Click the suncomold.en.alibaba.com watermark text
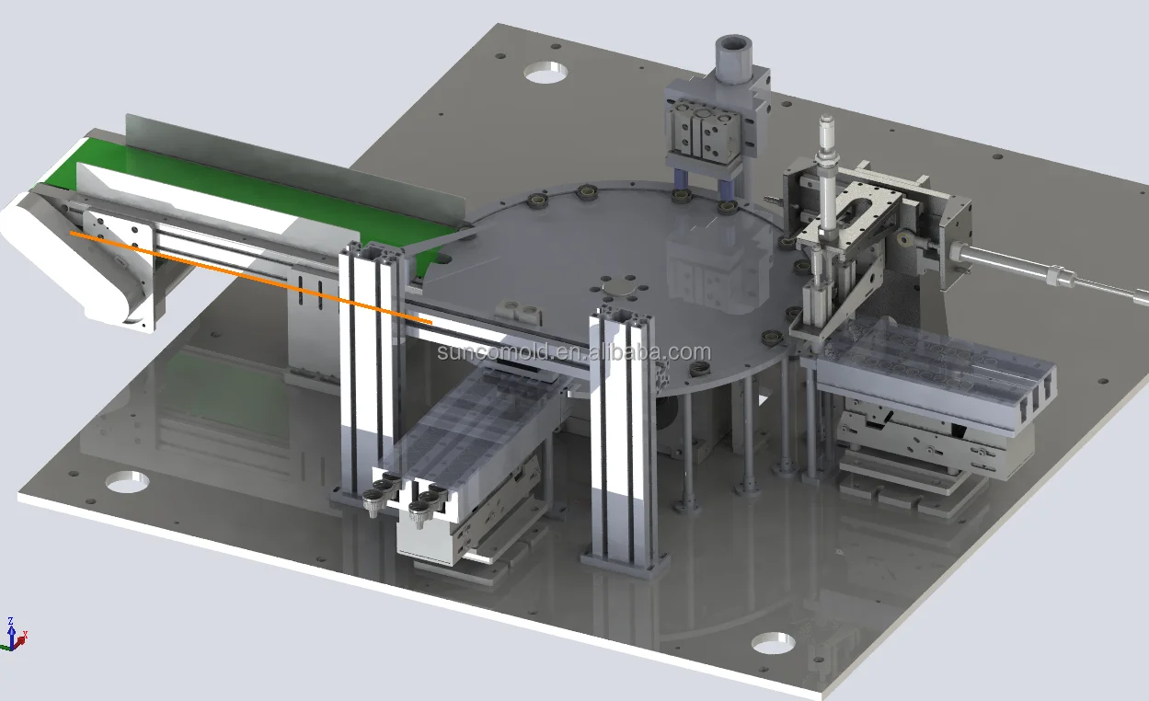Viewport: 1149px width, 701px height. click(x=574, y=352)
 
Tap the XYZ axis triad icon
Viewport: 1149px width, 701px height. click(x=14, y=635)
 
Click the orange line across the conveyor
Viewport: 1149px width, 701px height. click(x=251, y=278)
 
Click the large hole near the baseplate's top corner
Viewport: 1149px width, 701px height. click(x=546, y=73)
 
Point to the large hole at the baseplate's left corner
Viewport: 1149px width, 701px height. click(x=127, y=482)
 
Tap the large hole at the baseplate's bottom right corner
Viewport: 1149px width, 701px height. click(x=773, y=643)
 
